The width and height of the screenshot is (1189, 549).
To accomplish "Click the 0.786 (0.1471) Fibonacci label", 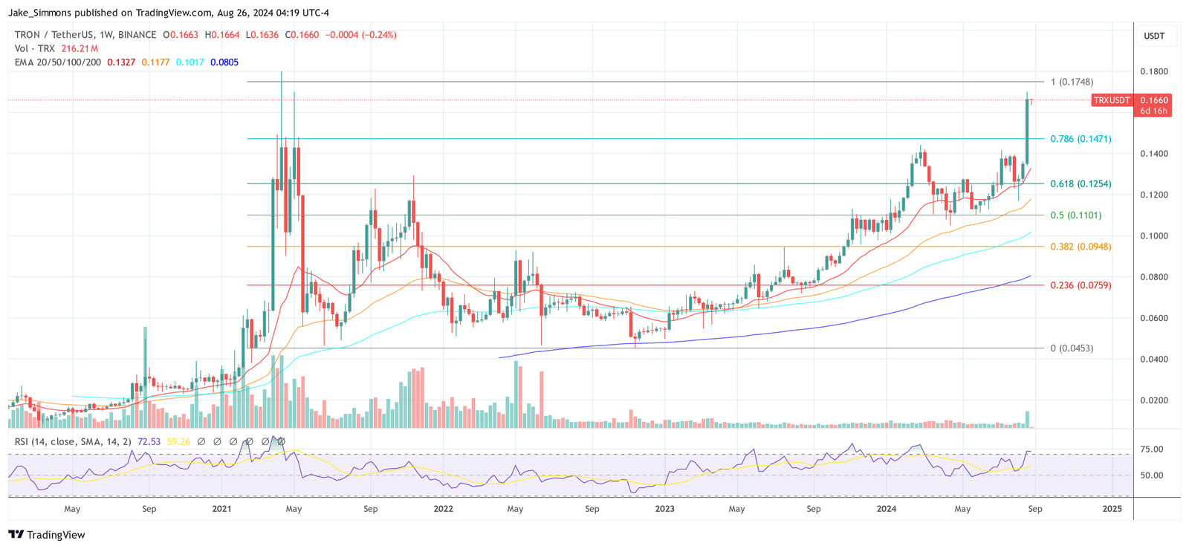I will [x=1081, y=139].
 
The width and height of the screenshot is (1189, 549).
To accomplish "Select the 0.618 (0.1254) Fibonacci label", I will [x=1081, y=183].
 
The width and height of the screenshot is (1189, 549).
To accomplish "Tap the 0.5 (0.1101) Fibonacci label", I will [x=1075, y=215].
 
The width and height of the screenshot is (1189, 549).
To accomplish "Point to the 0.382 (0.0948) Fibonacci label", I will [x=1081, y=247].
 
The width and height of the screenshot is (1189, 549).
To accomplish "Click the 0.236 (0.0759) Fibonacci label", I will [x=1081, y=285].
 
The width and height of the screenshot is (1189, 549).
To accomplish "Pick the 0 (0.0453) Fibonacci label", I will [x=1072, y=348].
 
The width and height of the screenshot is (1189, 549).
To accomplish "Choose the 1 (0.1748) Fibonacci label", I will [x=1072, y=82].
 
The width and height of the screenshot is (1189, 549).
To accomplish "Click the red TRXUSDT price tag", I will [x=1112, y=100].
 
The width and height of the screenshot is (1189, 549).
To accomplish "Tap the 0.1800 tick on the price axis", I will [x=1154, y=72].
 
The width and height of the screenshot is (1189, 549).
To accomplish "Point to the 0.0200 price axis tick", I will [x=1154, y=400].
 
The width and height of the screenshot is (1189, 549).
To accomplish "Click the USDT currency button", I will [x=1154, y=36].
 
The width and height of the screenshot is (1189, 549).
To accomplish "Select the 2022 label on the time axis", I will [x=443, y=509].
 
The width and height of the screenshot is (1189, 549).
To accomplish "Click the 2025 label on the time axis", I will [x=1112, y=509].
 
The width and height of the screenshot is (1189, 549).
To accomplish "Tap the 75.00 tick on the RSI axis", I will [x=1152, y=449].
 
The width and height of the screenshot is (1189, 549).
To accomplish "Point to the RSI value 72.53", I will [x=149, y=441].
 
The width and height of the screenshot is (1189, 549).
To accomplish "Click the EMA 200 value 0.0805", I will [x=224, y=62].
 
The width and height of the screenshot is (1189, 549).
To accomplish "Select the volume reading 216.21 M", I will [x=80, y=48].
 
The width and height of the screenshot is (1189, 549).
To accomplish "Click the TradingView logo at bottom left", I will [x=47, y=535].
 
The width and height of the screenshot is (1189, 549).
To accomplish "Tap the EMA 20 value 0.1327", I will [x=121, y=62].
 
